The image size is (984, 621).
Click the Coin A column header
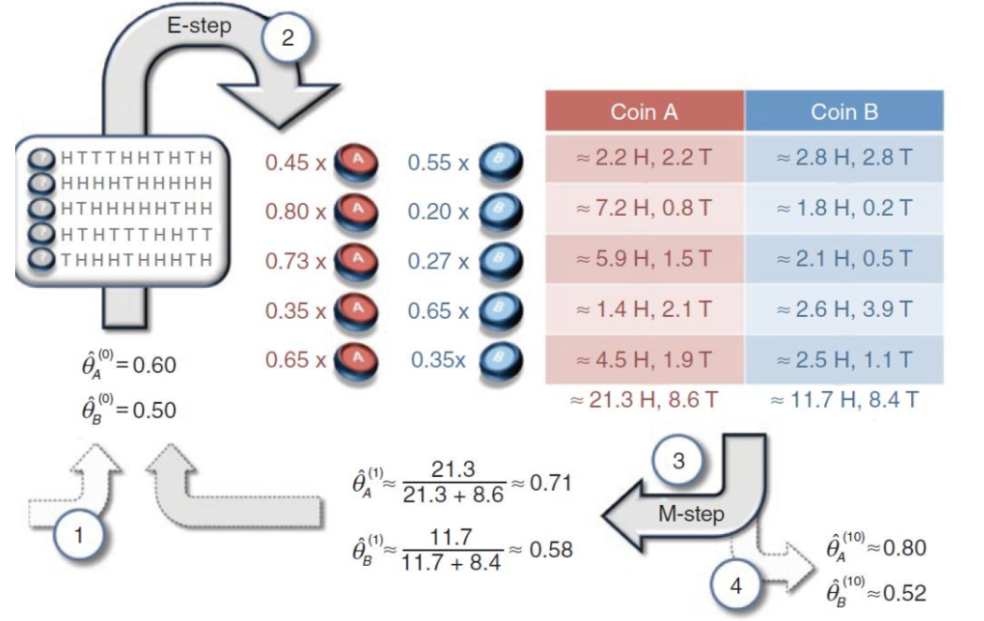point(644,112)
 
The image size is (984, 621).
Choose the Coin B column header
point(844,112)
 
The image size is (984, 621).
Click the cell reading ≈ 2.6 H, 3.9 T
point(844,310)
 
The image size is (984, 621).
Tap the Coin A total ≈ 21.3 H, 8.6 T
point(644,401)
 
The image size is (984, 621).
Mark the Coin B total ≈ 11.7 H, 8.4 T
point(844,401)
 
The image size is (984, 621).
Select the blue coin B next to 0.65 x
point(494,310)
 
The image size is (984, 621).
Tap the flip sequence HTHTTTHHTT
point(135,233)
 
